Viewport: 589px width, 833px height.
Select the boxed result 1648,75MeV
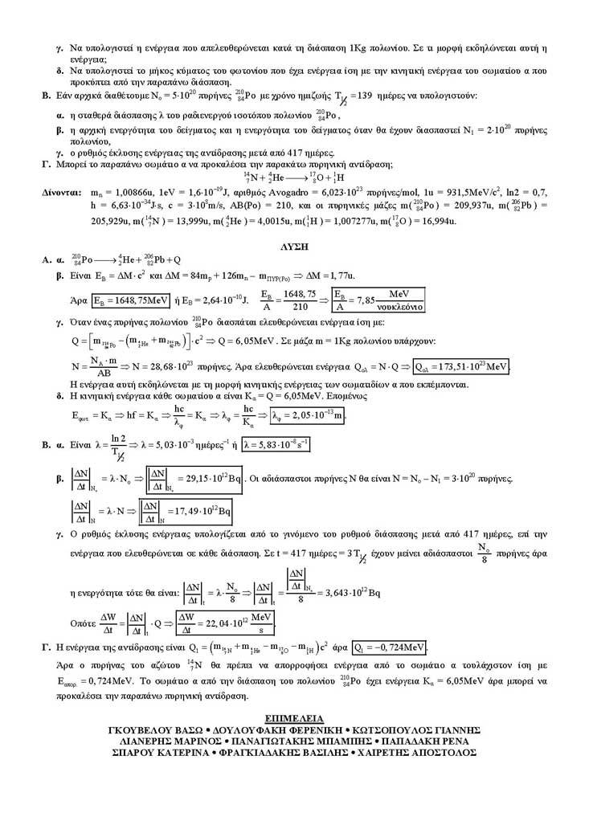point(131,301)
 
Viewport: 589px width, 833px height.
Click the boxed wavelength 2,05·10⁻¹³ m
point(309,415)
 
